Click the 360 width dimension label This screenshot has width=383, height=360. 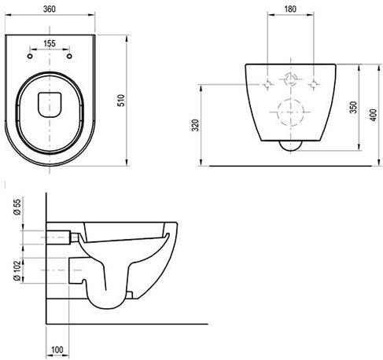pyautogui.click(x=50, y=9)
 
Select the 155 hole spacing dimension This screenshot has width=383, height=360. pyautogui.click(x=50, y=43)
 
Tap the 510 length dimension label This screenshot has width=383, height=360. pyautogui.click(x=121, y=101)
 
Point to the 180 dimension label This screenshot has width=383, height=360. pyautogui.click(x=290, y=9)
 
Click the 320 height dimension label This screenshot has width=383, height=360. pyautogui.click(x=196, y=125)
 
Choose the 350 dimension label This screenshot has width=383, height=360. pyautogui.click(x=354, y=107)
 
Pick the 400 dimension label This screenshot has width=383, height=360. pyautogui.click(x=374, y=115)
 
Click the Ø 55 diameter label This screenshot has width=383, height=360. pyautogui.click(x=17, y=207)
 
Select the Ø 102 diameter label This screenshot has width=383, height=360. pyautogui.click(x=17, y=270)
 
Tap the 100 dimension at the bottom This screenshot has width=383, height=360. pyautogui.click(x=57, y=350)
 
